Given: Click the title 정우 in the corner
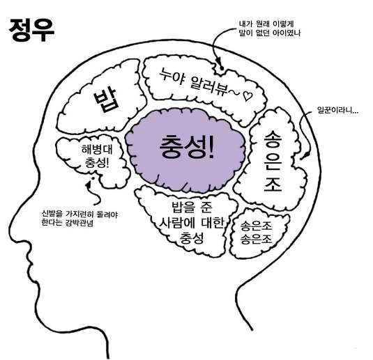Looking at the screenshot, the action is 31,31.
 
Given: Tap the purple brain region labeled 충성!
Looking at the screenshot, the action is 185,150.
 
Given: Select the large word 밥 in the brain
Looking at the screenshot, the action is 106,100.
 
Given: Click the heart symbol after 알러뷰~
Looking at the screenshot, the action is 248,96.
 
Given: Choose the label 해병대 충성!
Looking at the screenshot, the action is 97,156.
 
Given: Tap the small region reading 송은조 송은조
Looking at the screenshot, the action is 256,233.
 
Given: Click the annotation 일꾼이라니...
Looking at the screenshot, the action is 337,111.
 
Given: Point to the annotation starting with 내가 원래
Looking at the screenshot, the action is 270,29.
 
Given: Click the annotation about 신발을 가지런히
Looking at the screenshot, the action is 79,219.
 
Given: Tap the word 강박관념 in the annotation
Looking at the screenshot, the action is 79,223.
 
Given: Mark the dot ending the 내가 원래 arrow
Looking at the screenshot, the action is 222,68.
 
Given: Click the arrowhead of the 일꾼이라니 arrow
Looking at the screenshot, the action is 302,157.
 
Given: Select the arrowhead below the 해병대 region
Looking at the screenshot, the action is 89,185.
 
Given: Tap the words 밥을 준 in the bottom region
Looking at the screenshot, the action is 192,208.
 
